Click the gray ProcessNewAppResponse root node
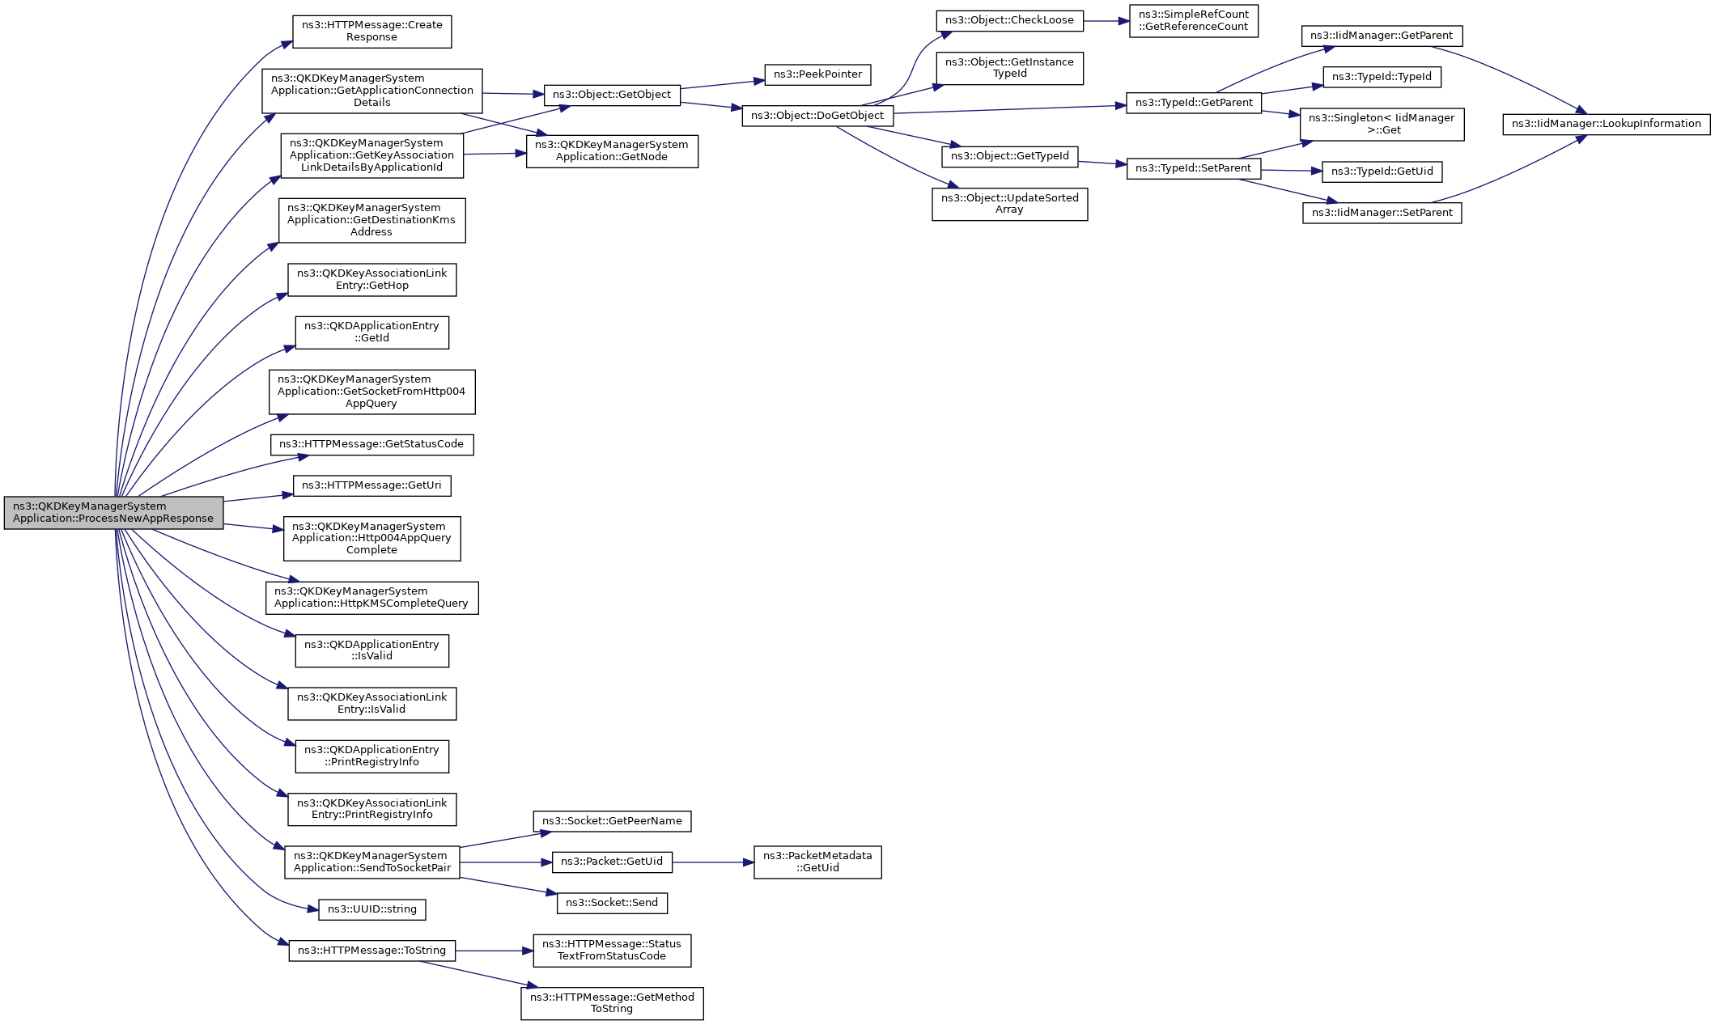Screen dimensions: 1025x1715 (x=113, y=513)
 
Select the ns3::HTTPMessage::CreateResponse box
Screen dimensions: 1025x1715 (x=371, y=32)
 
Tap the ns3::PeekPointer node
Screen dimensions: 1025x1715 (x=817, y=74)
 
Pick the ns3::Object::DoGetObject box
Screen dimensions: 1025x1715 (x=817, y=116)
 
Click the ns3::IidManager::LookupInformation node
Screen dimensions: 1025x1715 (x=1606, y=124)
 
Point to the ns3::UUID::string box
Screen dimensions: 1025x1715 (x=371, y=909)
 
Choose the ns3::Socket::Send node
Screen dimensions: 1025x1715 (x=612, y=903)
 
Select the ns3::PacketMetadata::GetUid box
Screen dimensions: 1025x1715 (x=817, y=862)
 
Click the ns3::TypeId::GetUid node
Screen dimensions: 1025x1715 (x=1382, y=172)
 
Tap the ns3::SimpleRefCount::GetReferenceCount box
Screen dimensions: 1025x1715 (x=1193, y=21)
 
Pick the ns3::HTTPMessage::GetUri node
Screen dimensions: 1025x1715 (x=371, y=485)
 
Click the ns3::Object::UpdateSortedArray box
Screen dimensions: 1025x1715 (x=1009, y=204)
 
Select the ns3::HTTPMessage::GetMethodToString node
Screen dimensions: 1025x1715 (x=612, y=1003)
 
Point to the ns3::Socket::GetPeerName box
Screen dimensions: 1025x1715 (x=612, y=821)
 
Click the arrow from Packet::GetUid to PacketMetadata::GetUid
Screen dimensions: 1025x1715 (x=712, y=862)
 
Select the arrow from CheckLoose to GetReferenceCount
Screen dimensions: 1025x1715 (x=1106, y=21)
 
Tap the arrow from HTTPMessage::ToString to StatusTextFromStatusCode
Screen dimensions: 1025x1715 (x=494, y=951)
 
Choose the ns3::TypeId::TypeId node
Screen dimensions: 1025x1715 (x=1382, y=78)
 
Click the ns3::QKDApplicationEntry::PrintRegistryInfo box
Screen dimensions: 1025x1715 (x=371, y=756)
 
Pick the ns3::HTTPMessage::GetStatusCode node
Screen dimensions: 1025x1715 (x=371, y=445)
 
